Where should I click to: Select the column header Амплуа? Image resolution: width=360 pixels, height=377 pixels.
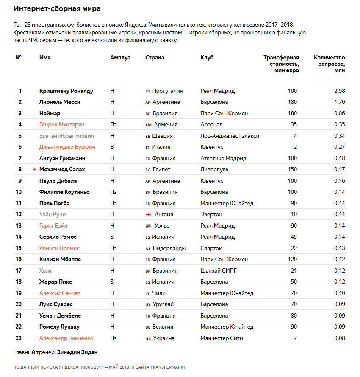120,58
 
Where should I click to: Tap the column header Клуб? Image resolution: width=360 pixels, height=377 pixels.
207,58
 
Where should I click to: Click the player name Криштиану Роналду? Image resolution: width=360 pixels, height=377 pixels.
66,91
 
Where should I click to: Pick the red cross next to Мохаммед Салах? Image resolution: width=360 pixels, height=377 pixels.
34,169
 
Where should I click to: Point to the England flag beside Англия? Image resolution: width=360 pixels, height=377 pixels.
148,215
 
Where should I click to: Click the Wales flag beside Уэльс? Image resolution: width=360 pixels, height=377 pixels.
148,226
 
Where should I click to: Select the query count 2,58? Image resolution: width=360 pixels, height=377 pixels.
339,91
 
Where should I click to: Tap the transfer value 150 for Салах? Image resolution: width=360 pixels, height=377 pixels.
292,169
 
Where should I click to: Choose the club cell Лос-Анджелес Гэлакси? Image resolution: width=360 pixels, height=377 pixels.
230,136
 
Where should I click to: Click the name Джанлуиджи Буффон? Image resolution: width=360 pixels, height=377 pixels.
67,147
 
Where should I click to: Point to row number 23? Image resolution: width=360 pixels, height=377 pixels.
19,338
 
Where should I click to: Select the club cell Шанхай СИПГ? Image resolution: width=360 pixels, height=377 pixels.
219,271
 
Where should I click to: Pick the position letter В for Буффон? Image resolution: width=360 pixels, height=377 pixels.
112,147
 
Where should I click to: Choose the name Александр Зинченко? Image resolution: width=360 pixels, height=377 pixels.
66,338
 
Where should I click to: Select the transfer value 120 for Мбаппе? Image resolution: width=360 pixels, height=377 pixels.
292,259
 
